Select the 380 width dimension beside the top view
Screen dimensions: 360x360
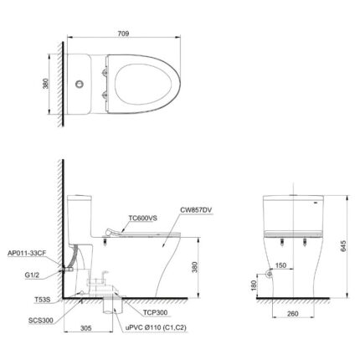coord(54,84)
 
